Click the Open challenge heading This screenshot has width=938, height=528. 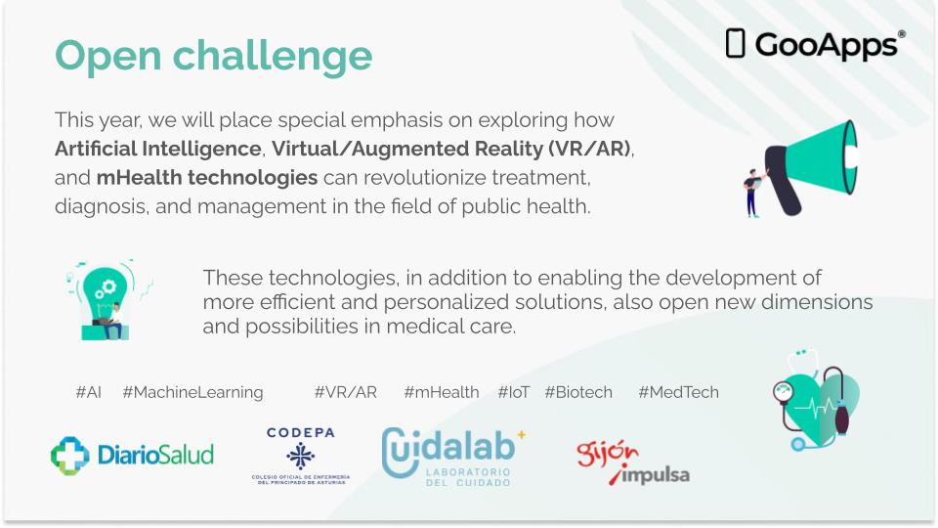213,55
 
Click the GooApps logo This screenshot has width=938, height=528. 815,44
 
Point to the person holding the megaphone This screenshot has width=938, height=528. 753,191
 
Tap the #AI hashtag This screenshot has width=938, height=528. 88,392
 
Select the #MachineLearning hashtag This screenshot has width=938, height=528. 192,392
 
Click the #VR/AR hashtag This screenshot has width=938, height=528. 345,392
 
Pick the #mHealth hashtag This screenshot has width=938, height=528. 441,392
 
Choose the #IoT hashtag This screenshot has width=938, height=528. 513,392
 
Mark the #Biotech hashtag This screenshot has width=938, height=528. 577,392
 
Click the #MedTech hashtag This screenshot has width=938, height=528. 678,392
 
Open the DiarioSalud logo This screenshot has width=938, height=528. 132,455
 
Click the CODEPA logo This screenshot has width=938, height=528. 300,455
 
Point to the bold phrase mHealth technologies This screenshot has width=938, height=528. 206,179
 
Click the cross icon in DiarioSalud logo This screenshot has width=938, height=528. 69,455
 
